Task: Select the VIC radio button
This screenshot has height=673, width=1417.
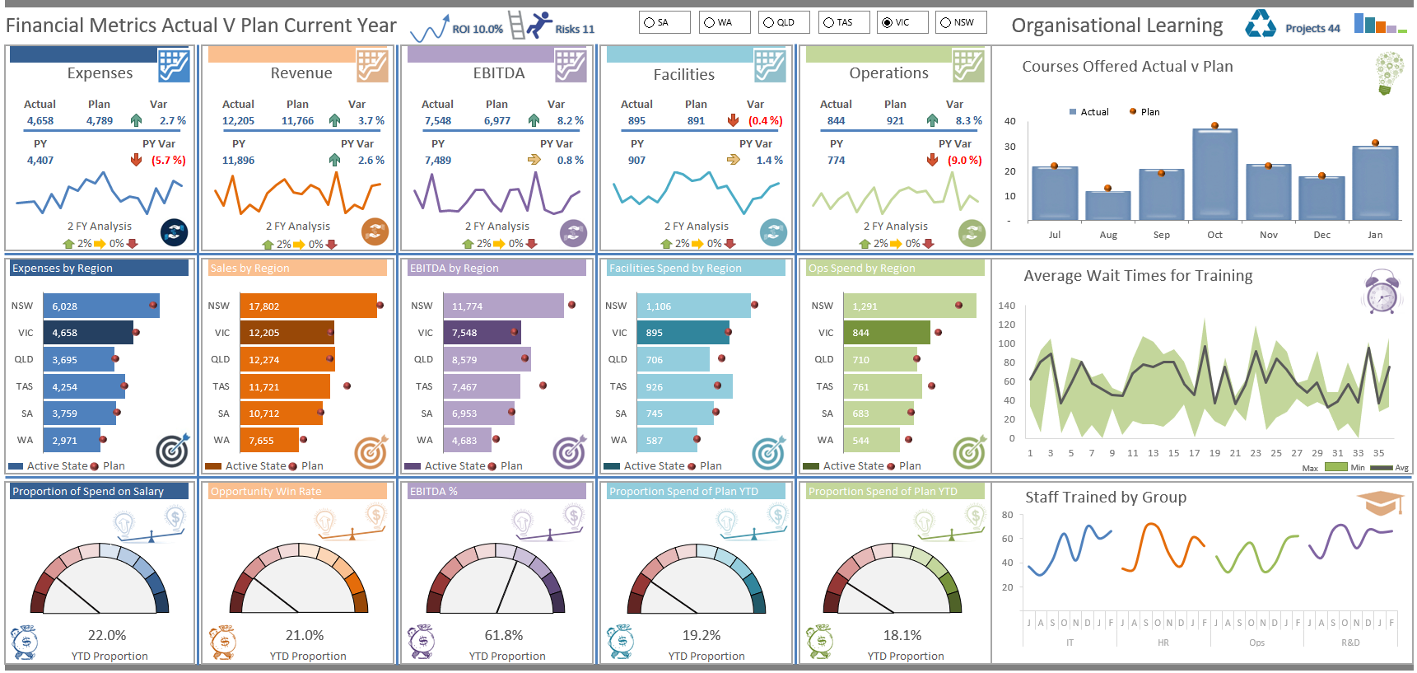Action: coord(887,22)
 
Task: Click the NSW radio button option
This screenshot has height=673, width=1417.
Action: coord(946,22)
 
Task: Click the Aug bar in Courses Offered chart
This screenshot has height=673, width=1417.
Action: coord(1107,205)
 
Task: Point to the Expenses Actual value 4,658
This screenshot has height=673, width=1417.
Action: coord(40,120)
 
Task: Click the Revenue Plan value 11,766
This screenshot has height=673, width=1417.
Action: coord(297,120)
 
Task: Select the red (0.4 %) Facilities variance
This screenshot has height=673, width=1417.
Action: coord(765,120)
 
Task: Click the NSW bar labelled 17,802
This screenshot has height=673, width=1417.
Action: coord(307,306)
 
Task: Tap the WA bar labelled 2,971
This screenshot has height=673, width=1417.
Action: coord(71,440)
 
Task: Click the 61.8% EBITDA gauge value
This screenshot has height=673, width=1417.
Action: coord(503,635)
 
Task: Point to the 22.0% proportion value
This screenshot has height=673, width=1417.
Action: coord(107,635)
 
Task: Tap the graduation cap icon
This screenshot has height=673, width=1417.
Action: coord(1379,502)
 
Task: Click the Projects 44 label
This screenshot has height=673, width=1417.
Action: coord(1312,28)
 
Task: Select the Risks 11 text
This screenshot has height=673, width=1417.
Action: coord(574,29)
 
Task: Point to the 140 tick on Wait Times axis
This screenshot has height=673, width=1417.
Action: coord(1006,306)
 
